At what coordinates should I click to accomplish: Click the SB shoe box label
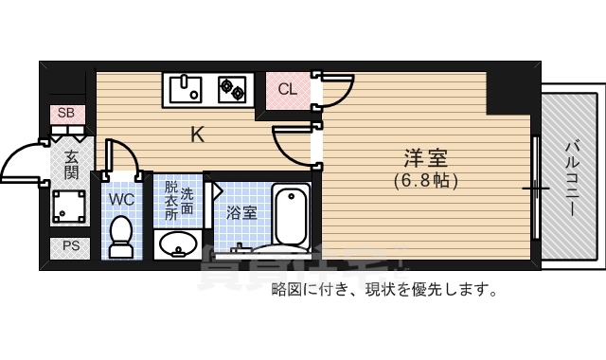[x=65, y=113]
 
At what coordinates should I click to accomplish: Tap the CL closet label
[x=288, y=90]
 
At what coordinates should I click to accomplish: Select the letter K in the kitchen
[x=198, y=135]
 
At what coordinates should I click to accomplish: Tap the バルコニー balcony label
[x=572, y=176]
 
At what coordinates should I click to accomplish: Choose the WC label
[x=120, y=200]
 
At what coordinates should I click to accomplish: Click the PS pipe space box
[x=71, y=246]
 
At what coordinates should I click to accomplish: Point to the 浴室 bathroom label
[x=241, y=213]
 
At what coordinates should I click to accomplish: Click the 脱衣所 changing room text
[x=171, y=200]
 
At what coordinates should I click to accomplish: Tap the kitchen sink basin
[x=187, y=90]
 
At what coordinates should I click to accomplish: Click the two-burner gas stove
[x=233, y=90]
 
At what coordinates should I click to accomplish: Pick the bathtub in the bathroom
[x=292, y=216]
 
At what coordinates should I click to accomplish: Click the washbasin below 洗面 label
[x=177, y=244]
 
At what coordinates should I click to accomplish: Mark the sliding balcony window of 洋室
[x=536, y=189]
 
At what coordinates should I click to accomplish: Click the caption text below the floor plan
[x=383, y=289]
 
